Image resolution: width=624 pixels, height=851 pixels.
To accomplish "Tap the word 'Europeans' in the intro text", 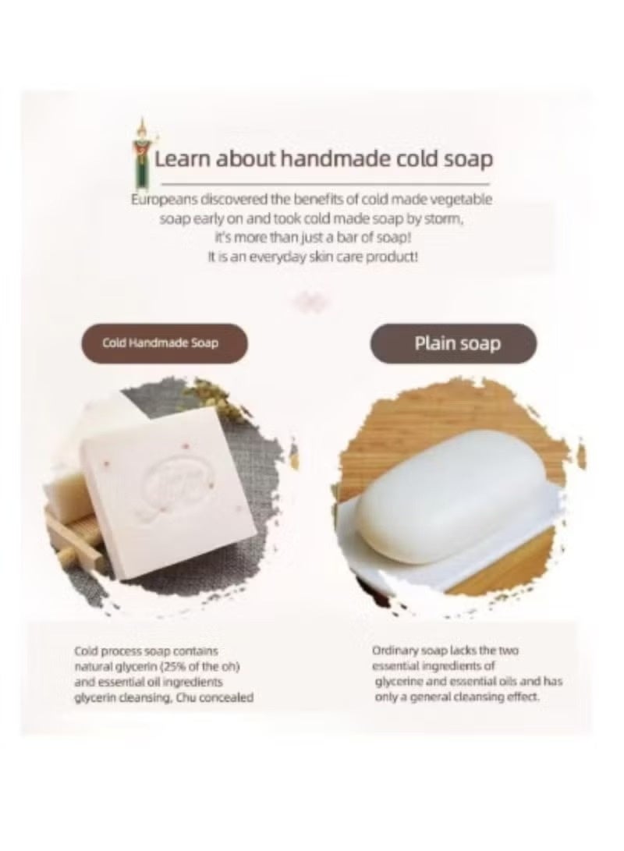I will pyautogui.click(x=159, y=200).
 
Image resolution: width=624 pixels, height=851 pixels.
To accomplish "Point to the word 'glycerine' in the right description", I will pyautogui.click(x=399, y=681).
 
